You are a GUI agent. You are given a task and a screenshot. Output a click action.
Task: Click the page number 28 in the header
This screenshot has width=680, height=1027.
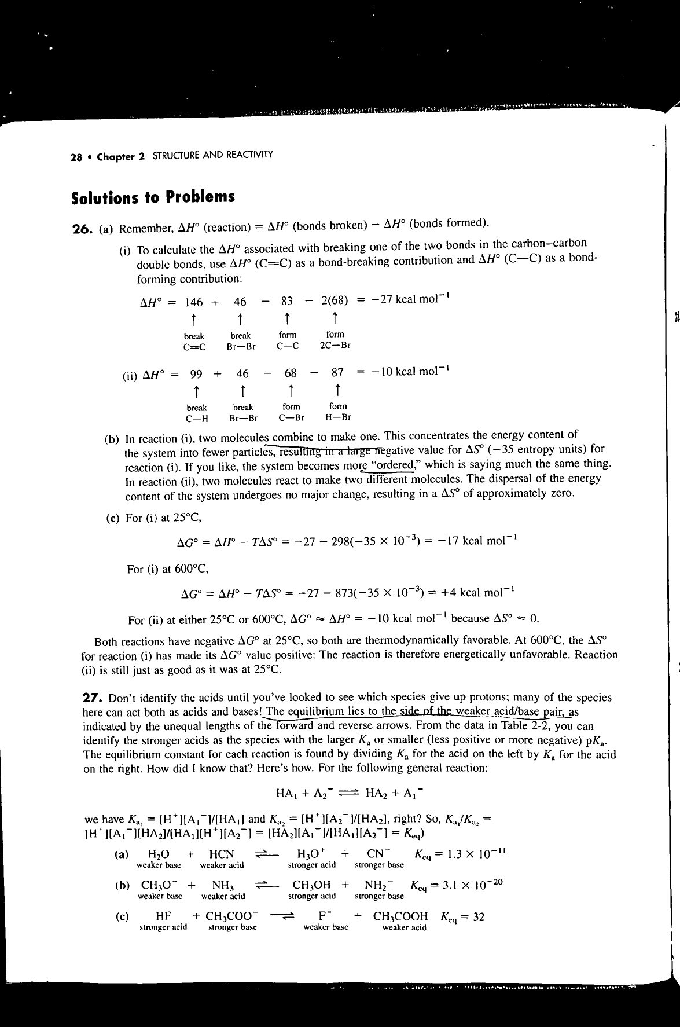pyautogui.click(x=75, y=156)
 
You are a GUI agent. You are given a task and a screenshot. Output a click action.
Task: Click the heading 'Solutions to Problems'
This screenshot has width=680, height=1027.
pyautogui.click(x=153, y=197)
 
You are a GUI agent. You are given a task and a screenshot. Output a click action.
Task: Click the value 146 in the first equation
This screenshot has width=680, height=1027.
pyautogui.click(x=194, y=302)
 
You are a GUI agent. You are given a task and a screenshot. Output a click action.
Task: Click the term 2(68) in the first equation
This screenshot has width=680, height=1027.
pyautogui.click(x=335, y=302)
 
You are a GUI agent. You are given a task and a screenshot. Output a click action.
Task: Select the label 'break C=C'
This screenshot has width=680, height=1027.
pyautogui.click(x=194, y=341)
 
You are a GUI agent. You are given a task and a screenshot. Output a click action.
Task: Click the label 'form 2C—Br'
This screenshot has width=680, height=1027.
pyautogui.click(x=335, y=340)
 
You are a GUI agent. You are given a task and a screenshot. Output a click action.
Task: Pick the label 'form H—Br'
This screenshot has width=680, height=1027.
pyautogui.click(x=338, y=412)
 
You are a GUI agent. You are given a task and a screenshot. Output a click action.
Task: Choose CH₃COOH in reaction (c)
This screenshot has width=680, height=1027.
pyautogui.click(x=400, y=916)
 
